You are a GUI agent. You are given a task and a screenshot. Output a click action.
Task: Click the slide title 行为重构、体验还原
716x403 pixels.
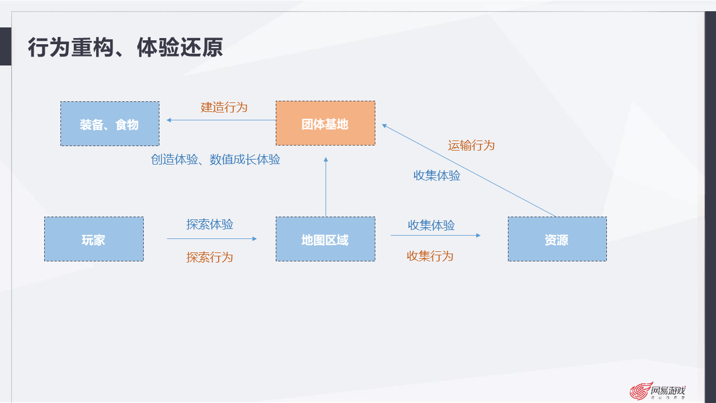(125, 48)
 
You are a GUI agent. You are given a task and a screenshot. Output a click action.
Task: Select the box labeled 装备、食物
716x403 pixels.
(110, 124)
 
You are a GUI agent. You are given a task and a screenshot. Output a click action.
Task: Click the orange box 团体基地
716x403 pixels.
(325, 124)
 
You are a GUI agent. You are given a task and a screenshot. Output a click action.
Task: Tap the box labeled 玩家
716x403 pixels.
(93, 240)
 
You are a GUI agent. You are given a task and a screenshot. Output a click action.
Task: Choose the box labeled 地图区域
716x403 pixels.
(325, 240)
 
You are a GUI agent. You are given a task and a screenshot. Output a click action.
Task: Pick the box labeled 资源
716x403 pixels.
(557, 240)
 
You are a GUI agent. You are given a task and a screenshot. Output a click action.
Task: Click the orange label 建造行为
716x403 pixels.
(224, 107)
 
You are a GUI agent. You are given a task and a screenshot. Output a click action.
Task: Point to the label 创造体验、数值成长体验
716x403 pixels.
(215, 160)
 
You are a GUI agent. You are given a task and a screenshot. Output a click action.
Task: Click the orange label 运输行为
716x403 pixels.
(471, 146)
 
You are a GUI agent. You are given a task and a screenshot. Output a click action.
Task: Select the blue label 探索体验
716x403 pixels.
(210, 224)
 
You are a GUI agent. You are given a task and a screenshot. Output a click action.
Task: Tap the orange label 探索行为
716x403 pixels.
(210, 257)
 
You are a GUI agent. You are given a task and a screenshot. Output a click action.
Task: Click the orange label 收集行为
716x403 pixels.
(430, 256)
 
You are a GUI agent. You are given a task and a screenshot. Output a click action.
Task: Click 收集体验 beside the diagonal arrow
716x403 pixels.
(436, 175)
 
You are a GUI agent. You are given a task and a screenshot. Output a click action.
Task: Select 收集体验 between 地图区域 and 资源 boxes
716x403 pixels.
(431, 225)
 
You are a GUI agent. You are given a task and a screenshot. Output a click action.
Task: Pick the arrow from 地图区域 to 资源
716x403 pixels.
(435, 236)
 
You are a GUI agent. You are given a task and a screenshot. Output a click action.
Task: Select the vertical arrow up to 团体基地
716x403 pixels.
(326, 188)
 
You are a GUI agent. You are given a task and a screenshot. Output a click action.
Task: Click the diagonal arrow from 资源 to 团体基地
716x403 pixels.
(470, 170)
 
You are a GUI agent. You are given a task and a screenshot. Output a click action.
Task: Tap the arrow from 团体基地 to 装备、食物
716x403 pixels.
(221, 120)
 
